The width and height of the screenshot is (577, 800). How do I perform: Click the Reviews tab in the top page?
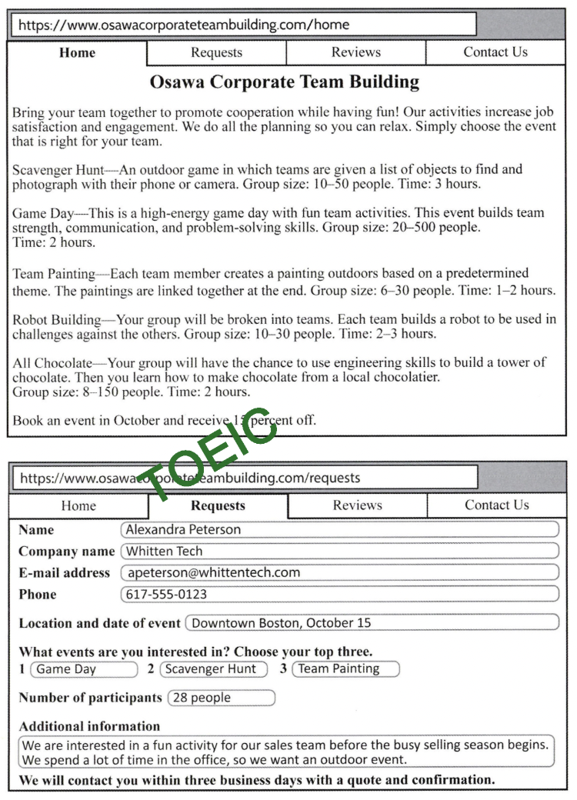click(x=355, y=52)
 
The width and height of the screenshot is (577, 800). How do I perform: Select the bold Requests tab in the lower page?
click(x=218, y=505)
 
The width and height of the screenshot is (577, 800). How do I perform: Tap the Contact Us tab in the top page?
click(x=495, y=52)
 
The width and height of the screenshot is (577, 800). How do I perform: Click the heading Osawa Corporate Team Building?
click(x=285, y=82)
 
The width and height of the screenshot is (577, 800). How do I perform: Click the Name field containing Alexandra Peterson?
click(x=339, y=529)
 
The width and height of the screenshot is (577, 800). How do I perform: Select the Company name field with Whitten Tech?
click(x=339, y=551)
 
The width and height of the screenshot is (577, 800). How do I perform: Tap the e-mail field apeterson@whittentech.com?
click(x=339, y=572)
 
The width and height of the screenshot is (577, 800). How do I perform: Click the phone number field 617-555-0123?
click(x=339, y=594)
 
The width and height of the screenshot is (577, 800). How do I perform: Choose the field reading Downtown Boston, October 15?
click(x=372, y=622)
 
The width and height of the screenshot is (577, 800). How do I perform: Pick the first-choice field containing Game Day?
click(x=83, y=668)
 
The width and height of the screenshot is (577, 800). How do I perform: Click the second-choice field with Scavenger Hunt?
click(x=213, y=668)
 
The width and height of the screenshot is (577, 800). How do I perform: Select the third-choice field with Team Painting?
click(x=345, y=668)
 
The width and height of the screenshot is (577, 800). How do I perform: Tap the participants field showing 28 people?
click(x=221, y=698)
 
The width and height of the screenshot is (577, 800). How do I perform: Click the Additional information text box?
click(x=285, y=752)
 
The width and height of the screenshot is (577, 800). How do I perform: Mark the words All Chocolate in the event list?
click(x=51, y=362)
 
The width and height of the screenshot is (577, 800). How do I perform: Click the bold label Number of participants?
click(x=90, y=698)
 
